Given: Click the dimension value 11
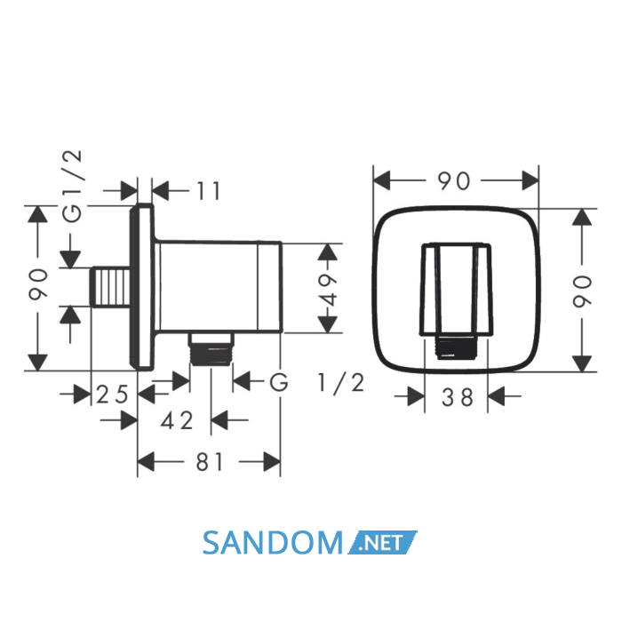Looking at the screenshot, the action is [208, 191].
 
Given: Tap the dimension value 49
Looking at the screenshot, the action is [328, 289].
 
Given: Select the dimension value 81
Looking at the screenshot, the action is [210, 462].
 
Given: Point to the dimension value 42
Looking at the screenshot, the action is [177, 420].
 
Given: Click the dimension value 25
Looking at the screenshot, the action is [113, 395].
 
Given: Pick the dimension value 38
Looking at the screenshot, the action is [458, 397].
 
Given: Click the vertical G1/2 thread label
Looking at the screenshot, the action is [73, 187].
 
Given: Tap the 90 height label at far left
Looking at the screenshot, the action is [38, 283].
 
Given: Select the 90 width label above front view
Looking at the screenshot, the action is [454, 181].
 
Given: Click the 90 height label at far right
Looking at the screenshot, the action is [582, 291].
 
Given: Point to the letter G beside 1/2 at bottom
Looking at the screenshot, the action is [279, 383].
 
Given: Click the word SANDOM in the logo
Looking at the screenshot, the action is [273, 543].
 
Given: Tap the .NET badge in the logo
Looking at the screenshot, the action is [382, 542].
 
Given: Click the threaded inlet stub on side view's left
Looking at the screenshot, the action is [111, 286].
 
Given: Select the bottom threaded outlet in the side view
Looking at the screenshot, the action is [211, 349].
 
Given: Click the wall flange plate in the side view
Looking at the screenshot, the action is [142, 287].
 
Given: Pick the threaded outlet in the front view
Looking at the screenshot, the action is [456, 348].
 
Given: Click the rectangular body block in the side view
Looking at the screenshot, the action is [219, 286].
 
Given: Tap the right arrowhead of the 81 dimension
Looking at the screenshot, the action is [272, 462].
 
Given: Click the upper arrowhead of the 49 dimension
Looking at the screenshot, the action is [328, 251].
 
